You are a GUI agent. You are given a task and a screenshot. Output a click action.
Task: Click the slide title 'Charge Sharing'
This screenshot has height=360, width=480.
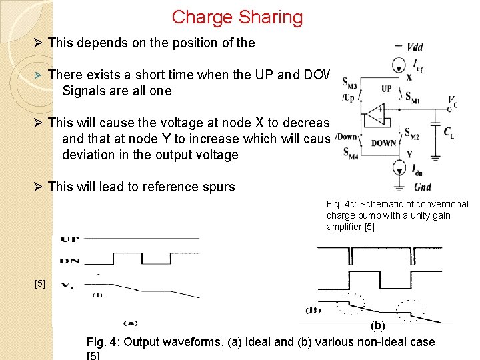pyautogui.click(x=237, y=17)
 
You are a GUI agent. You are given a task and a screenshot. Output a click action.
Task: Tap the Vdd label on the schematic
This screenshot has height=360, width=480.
pyautogui.click(x=415, y=47)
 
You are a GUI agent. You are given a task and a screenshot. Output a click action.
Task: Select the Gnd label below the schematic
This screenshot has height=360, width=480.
pyautogui.click(x=423, y=187)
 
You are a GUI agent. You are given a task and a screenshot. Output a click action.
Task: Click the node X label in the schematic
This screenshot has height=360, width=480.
pyautogui.click(x=408, y=78)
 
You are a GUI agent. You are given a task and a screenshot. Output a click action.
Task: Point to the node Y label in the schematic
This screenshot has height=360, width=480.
pyautogui.click(x=409, y=154)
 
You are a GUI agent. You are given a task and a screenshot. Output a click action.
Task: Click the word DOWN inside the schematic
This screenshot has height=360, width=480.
pyautogui.click(x=384, y=143)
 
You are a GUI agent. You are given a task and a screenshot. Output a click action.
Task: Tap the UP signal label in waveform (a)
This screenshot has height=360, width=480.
pyautogui.click(x=69, y=239)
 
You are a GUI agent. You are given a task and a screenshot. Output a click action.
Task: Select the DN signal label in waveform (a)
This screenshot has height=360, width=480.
pyautogui.click(x=69, y=261)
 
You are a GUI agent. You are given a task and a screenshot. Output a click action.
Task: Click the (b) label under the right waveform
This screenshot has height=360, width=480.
pyautogui.click(x=377, y=327)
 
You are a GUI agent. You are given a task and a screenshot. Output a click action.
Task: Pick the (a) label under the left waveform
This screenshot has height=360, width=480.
pyautogui.click(x=130, y=323)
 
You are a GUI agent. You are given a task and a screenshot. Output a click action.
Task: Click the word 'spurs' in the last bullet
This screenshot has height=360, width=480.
pyautogui.click(x=219, y=187)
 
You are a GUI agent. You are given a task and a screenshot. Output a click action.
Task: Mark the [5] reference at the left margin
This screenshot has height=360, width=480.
pyautogui.click(x=39, y=284)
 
